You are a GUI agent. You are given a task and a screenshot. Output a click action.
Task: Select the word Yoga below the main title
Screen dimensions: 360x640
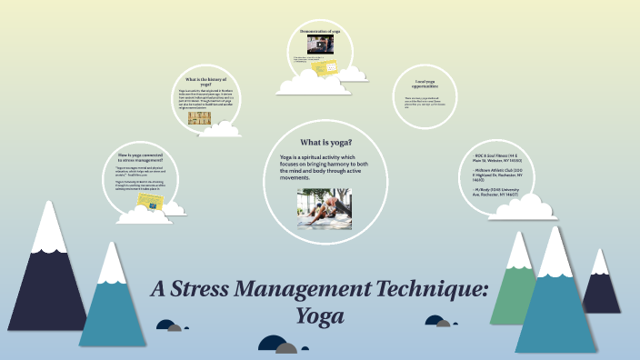pos(321,317)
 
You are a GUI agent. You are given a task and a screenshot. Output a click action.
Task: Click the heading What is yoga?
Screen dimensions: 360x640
pos(325,143)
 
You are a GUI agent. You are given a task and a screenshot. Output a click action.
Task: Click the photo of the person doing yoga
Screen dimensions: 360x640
pos(324,208)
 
